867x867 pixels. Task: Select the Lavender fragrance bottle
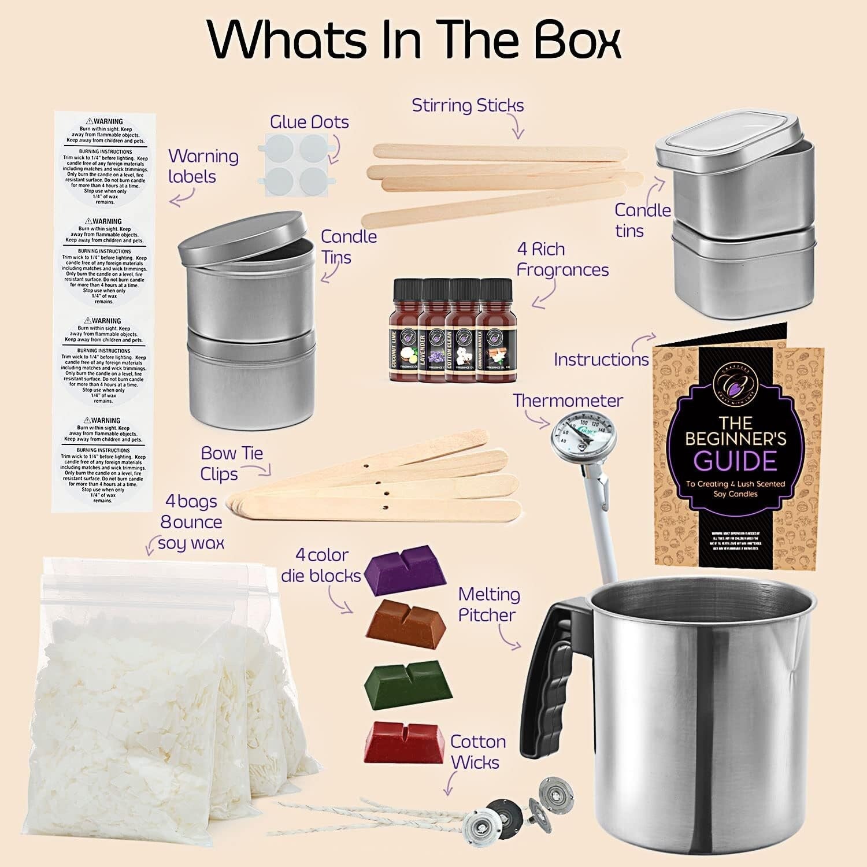point(433,332)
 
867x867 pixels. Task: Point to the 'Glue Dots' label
point(309,122)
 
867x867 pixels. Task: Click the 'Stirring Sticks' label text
point(468,105)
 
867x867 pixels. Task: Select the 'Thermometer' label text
point(568,400)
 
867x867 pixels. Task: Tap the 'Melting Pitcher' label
point(488,605)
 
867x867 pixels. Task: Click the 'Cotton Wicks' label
point(477,751)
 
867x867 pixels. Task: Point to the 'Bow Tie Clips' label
point(231,463)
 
